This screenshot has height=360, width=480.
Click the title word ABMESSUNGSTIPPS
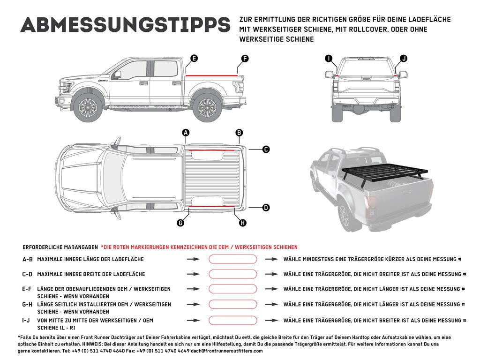point(125,25)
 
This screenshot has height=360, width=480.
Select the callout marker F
point(244,59)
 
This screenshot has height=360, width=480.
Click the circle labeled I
point(329,59)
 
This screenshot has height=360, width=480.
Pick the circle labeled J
point(404,59)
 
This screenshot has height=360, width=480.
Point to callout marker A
point(186,133)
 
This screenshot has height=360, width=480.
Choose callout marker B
point(239,133)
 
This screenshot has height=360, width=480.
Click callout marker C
point(266,150)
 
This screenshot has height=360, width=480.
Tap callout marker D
point(266,207)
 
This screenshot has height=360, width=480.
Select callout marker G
point(180,223)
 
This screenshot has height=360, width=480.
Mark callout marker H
point(242,223)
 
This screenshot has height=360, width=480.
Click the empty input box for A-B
point(233,259)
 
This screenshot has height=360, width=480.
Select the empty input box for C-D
point(233,274)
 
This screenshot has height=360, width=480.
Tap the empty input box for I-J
point(233,321)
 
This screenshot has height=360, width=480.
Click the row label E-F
point(27,289)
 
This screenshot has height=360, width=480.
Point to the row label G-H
point(27,305)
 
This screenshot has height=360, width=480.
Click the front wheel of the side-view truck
point(87,108)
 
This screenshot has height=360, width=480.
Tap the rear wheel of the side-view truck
point(207,108)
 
